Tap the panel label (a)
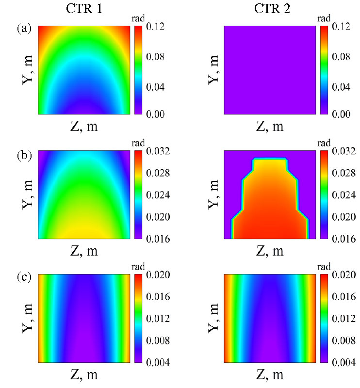[x=24, y=29]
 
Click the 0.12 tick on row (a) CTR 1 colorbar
[x=148, y=28]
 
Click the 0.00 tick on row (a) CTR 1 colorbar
[x=148, y=114]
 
